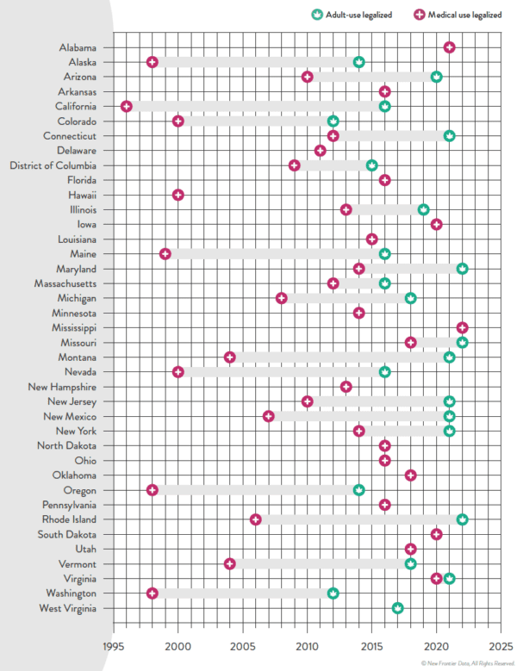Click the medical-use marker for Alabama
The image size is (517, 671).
point(449,47)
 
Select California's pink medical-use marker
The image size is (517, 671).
point(127,107)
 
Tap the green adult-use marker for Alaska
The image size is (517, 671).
point(358,62)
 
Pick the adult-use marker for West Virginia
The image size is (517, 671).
point(397,608)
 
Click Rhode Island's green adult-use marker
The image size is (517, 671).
point(462,519)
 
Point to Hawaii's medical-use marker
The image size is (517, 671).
point(178,195)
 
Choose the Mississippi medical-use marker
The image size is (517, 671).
point(462,327)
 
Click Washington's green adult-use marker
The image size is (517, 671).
point(333,593)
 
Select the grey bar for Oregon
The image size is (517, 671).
point(255,490)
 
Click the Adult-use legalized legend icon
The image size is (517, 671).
point(316,15)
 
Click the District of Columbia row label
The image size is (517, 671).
point(53,165)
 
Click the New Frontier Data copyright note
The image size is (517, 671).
point(468,663)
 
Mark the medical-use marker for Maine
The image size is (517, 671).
point(165,254)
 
